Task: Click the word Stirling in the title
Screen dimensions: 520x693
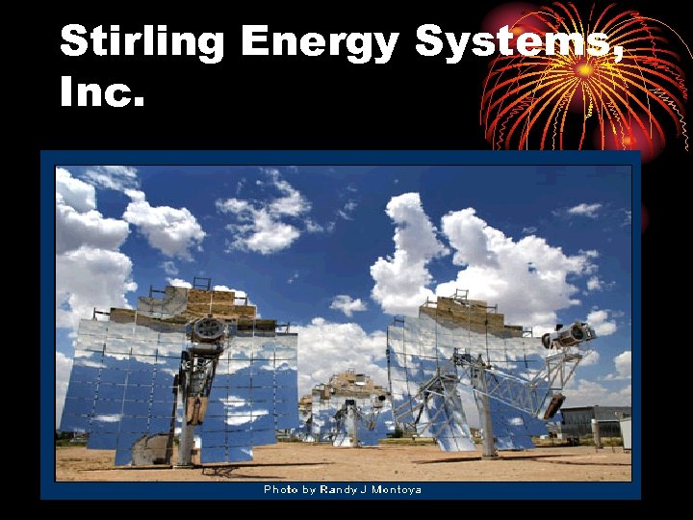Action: pos(141,43)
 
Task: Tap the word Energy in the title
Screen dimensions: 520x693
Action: pos(320,43)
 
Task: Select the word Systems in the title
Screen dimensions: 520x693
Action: pos(510,43)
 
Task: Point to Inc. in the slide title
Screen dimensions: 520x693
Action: pos(101,93)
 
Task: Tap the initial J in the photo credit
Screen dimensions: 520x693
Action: pos(364,490)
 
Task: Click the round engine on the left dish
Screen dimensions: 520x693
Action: pos(208,329)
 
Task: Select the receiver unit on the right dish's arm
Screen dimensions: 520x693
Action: pos(569,335)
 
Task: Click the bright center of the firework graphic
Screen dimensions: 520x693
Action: pos(584,69)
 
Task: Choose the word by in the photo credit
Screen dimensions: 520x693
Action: pos(310,490)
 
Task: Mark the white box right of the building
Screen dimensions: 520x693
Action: pos(626,434)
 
